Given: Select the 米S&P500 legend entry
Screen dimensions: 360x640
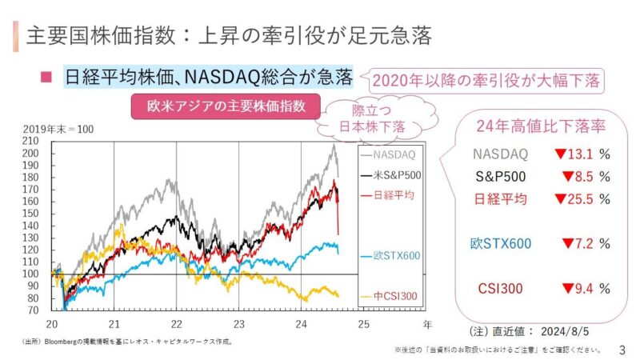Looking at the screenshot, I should tap(393, 174).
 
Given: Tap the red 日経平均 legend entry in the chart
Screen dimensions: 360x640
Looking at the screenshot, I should tap(393, 194).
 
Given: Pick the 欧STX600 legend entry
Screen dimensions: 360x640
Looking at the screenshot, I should tap(393, 256).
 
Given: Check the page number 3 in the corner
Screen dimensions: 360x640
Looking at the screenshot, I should tap(622, 350).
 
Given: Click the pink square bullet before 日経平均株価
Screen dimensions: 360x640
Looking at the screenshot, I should tap(46, 78).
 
